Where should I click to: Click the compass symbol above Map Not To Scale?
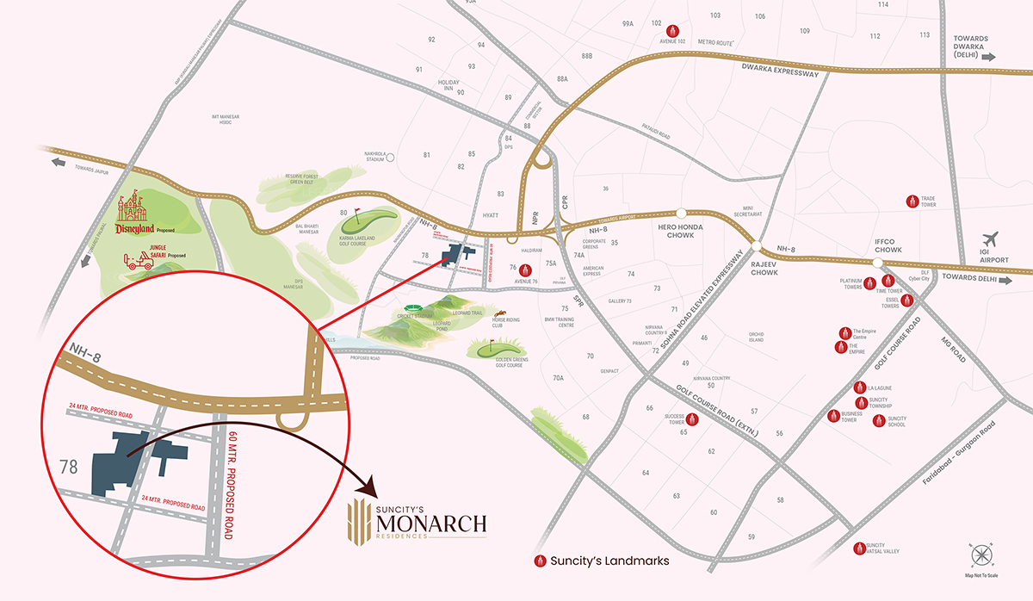981,555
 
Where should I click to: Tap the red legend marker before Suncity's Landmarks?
541,561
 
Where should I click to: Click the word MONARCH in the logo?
431,523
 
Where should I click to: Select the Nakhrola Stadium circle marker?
390,158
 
